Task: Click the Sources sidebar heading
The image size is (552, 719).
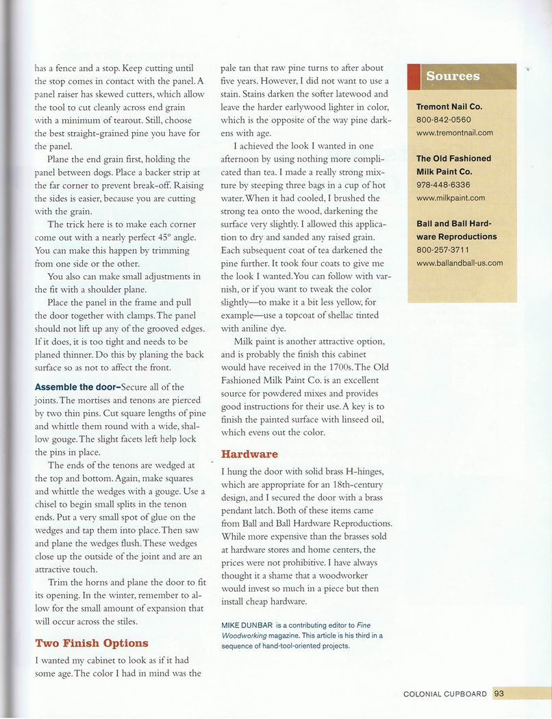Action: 453,76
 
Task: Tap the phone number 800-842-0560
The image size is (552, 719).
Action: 443,120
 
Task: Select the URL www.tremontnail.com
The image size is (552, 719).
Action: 454,133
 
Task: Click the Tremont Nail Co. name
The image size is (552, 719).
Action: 449,107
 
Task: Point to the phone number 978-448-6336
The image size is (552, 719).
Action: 443,185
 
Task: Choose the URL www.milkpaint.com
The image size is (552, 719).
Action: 450,198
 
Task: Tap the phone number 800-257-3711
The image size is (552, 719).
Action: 443,249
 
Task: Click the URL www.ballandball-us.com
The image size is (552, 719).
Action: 459,263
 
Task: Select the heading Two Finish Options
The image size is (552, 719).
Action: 91,643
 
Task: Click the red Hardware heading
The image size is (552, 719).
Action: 249,454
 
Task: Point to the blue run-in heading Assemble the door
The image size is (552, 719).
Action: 77,387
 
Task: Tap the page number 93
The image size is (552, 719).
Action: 499,694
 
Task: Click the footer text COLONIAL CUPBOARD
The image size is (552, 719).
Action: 445,694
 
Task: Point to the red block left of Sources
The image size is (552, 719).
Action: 413,76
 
